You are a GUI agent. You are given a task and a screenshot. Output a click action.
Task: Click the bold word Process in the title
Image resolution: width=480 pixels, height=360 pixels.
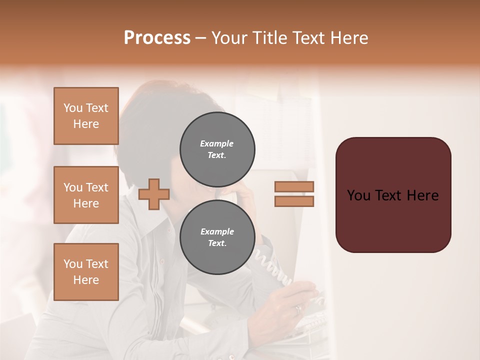point(157,38)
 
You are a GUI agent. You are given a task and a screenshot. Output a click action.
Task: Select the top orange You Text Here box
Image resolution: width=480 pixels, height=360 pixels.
point(86,116)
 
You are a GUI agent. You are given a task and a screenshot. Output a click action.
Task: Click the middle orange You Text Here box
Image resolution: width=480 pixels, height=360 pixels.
point(86,195)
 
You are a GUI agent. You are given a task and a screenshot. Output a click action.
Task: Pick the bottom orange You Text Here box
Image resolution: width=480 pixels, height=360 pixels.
point(86,272)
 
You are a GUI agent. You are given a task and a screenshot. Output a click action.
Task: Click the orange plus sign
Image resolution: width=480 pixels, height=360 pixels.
point(153,194)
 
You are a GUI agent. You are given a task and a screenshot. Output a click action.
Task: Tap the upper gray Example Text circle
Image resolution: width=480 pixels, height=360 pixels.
point(217,149)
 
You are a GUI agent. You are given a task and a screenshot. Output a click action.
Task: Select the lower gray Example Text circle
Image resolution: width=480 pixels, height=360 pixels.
point(217,237)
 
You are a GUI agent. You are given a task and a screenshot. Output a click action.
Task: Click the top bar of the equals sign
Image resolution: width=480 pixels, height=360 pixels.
point(294,186)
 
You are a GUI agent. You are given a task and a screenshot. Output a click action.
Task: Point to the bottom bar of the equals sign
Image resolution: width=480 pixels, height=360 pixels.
point(294,201)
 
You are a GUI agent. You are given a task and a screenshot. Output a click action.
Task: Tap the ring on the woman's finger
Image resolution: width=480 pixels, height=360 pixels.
point(298,309)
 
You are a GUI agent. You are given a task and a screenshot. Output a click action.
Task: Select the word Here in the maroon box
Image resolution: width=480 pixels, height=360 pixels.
point(422,195)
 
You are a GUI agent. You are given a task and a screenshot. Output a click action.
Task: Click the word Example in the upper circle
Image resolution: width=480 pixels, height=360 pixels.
point(216,143)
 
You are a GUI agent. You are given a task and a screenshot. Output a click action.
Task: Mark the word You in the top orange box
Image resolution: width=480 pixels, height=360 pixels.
point(72,108)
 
